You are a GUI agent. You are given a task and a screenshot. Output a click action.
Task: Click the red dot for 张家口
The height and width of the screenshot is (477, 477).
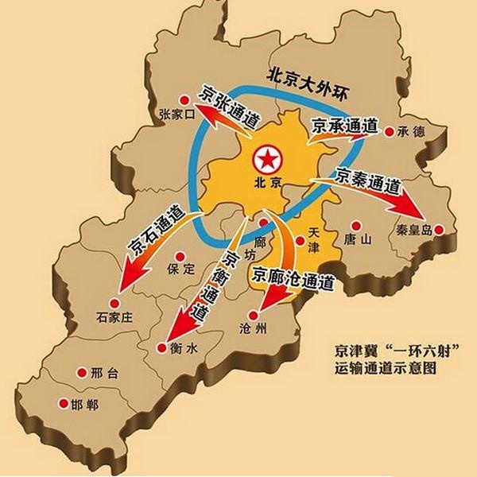tap(184, 100)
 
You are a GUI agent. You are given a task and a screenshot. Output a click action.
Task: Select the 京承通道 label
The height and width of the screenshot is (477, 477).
tap(343, 125)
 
